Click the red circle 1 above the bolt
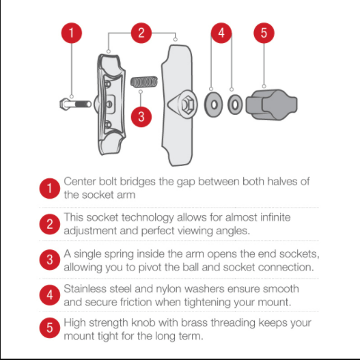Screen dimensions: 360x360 72,33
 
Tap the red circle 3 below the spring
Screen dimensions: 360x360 141,117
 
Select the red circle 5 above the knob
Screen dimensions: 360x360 264,33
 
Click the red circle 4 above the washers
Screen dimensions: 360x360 221,33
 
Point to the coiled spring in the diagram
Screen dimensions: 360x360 144,82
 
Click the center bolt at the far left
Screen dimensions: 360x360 75,105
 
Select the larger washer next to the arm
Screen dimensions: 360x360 214,105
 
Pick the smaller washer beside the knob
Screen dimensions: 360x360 235,105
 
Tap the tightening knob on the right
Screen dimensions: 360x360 272,105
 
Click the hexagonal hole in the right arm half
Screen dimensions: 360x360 186,105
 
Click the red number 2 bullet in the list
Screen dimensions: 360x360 50,224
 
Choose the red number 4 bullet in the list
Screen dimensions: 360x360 50,295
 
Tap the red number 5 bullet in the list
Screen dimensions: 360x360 50,328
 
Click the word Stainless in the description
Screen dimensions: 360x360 85,288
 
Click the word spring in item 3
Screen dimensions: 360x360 119,254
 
